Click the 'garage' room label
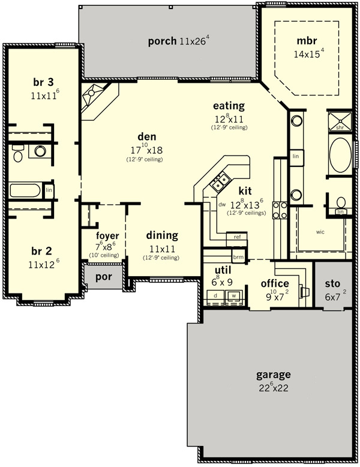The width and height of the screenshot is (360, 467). click(274, 375)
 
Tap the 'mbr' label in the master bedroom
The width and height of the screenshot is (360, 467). click(307, 41)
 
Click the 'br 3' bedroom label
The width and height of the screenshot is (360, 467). click(43, 82)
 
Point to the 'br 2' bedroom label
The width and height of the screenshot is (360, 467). click(41, 251)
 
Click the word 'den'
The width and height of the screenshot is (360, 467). click(147, 137)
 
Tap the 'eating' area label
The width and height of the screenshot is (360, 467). click(229, 106)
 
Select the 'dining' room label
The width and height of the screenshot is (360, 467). click(162, 235)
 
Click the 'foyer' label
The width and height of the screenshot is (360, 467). click(107, 236)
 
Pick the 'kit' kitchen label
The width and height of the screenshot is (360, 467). click(245, 191)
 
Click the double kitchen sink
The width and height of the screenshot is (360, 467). click(220, 182)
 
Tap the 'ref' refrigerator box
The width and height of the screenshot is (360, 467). click(237, 237)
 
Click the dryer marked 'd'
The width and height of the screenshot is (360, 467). click(215, 296)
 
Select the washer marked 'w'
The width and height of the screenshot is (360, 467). click(234, 296)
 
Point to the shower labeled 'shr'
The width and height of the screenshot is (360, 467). click(340, 121)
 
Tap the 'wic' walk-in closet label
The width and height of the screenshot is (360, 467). click(320, 232)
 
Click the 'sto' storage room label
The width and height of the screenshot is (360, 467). click(332, 283)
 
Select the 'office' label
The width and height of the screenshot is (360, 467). click(275, 283)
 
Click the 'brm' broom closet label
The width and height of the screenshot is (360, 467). click(238, 257)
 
